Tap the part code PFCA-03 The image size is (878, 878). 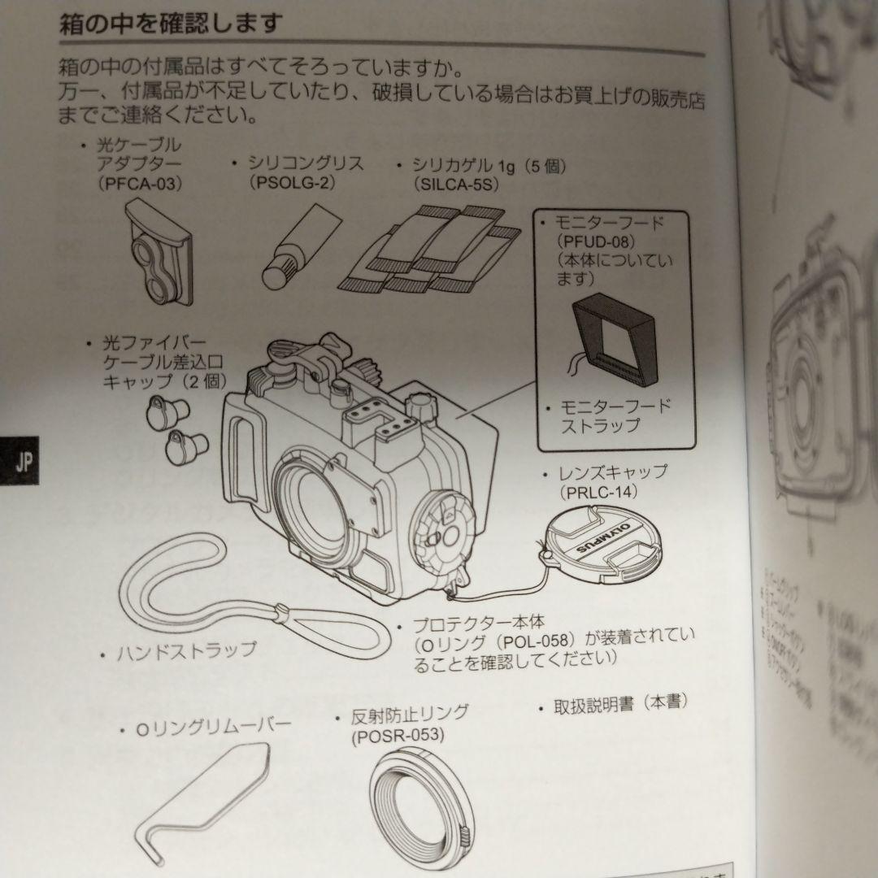click(x=139, y=184)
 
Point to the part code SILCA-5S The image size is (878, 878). click(x=456, y=185)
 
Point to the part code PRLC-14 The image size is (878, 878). click(x=598, y=492)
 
